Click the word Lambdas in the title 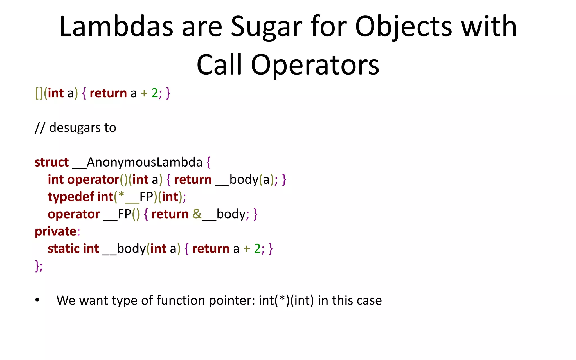click(116, 26)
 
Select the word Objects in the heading click(404, 26)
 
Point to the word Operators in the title click(315, 65)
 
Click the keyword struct click(52, 162)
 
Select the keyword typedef click(71, 197)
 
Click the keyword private click(56, 231)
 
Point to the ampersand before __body click(197, 214)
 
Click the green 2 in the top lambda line click(155, 93)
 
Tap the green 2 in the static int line click(257, 249)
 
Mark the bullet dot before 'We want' click(37, 300)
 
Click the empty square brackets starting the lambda click(39, 93)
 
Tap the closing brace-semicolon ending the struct click(39, 266)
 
